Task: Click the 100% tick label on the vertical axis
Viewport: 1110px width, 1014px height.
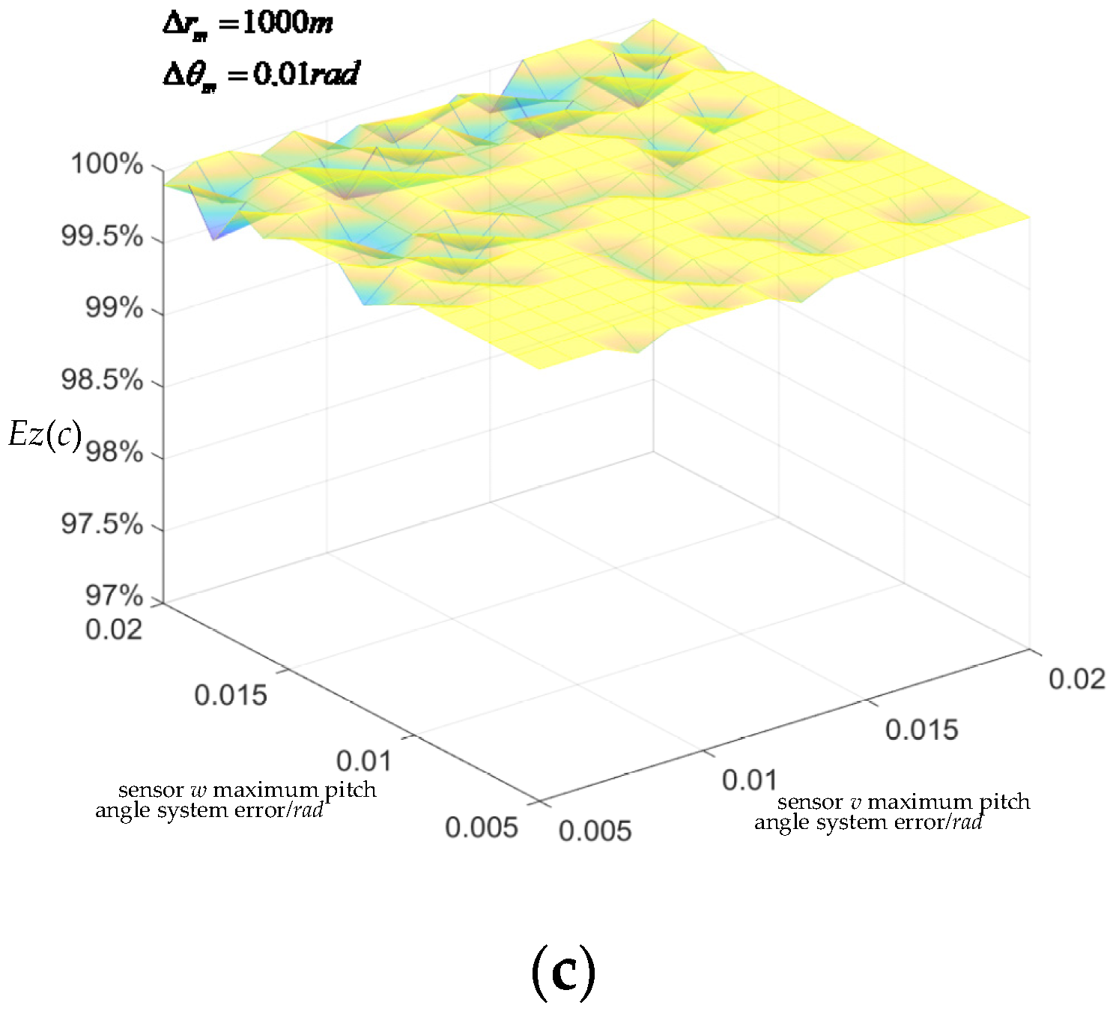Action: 106,163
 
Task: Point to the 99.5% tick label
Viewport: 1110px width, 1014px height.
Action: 102,237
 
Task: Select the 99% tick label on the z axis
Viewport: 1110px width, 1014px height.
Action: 114,308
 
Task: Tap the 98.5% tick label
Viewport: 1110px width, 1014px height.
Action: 102,380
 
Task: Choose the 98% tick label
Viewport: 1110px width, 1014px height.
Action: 114,452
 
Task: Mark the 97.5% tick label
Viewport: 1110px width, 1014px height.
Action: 102,524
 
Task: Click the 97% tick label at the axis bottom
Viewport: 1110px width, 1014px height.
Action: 114,596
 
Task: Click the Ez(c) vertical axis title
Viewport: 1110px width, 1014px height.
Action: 45,434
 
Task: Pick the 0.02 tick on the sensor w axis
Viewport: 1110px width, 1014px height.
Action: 114,629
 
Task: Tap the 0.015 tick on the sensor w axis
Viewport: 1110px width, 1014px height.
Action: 231,695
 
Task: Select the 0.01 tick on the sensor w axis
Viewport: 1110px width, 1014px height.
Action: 364,761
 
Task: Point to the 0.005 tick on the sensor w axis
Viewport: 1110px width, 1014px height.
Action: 482,828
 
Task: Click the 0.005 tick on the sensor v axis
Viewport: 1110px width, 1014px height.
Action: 595,831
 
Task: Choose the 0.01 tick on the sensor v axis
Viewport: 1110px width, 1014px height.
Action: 750,780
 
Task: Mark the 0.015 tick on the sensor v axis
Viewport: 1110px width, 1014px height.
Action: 921,729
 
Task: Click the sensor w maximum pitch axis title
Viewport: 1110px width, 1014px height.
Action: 236,800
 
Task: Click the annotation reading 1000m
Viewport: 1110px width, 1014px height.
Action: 248,23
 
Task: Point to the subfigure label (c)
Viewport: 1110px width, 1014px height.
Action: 563,972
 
